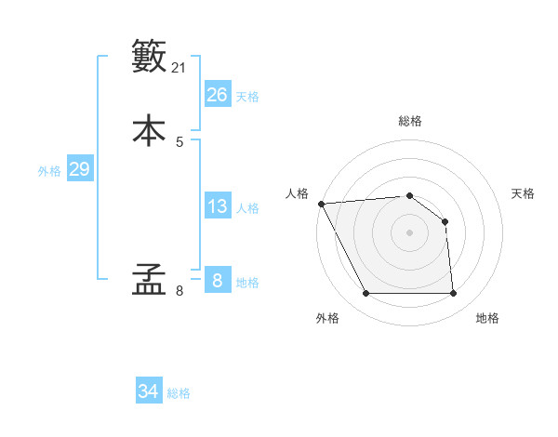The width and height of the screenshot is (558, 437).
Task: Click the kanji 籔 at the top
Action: [149, 56]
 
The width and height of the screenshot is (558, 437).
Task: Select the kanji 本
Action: [149, 130]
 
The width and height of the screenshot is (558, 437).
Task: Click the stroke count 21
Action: [179, 67]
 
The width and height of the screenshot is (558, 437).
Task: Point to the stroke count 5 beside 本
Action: [179, 141]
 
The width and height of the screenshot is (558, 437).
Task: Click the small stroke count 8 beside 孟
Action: [179, 291]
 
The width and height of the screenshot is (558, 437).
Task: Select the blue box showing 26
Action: [217, 94]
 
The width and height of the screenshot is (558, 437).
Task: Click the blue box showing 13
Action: [217, 206]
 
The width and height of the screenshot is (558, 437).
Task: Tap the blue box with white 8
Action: [217, 280]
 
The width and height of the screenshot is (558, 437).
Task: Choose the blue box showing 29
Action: [79, 169]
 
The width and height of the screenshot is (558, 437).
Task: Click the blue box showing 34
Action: [149, 391]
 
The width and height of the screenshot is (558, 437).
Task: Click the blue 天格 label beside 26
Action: [247, 97]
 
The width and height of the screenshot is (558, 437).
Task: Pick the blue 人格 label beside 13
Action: [247, 208]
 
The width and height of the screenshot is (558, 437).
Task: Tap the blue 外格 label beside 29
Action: [49, 171]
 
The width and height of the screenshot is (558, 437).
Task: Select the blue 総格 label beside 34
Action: [179, 393]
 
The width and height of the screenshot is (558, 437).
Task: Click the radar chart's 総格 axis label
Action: [409, 121]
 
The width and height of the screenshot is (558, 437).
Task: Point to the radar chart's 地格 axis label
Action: [487, 318]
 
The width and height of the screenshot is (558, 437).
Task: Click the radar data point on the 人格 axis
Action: [321, 204]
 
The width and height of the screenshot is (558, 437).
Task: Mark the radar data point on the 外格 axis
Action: [365, 294]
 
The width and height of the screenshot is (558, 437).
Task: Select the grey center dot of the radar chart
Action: [409, 232]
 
